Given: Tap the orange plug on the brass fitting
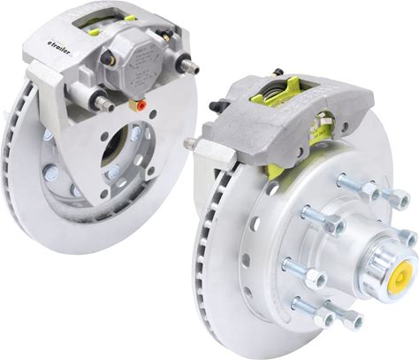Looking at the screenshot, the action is pos(142,103).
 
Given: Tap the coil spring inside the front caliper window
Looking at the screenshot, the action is pos(273,95).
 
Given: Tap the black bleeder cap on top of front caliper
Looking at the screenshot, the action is pos(276,72).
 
